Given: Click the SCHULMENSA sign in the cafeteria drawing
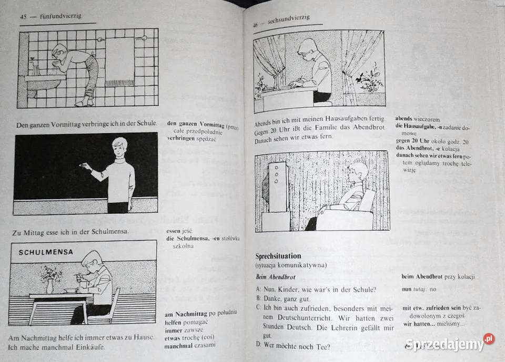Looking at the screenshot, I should coord(46,252).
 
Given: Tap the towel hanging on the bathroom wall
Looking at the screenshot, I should coord(119,62).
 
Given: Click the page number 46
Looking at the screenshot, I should coord(255,25).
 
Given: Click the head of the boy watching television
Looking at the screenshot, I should coord(359,172).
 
